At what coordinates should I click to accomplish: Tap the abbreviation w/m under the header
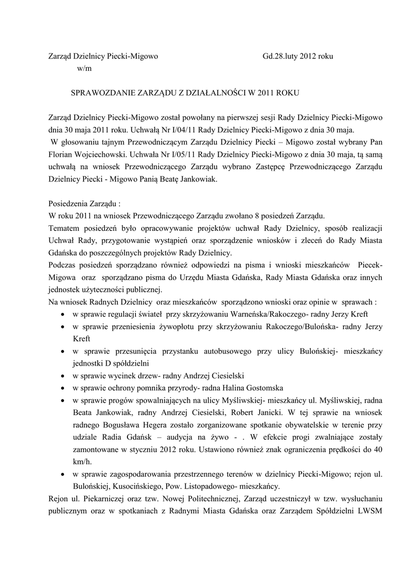(83, 69)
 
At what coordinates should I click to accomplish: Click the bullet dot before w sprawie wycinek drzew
(61, 376)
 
